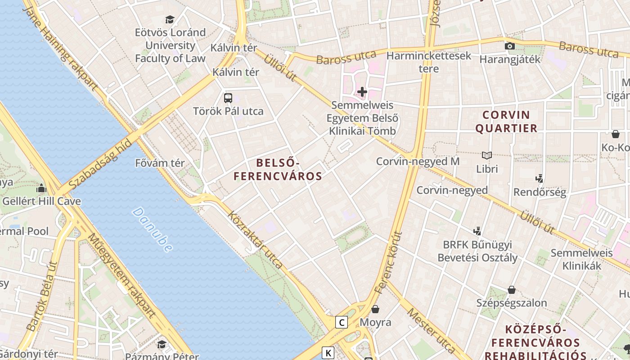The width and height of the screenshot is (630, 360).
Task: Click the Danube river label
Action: pos(153,229)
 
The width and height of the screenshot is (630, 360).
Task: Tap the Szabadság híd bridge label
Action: pos(100,165)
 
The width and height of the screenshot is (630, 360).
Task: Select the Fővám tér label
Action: pos(160,163)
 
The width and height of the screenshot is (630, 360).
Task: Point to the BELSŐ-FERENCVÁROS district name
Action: pos(278,169)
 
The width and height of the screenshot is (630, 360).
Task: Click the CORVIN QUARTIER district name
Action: pos(506,121)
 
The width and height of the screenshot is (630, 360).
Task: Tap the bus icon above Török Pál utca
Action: pos(228,98)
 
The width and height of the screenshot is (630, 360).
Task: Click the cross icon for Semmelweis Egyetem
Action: pos(362,92)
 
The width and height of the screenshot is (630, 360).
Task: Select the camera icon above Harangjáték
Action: pos(509,46)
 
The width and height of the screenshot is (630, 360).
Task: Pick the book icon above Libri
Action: pos(487,155)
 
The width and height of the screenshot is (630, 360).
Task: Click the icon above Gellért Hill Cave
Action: pos(41,188)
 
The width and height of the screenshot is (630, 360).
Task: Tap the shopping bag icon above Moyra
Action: pos(375,309)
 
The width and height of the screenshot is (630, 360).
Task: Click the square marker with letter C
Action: pos(342,322)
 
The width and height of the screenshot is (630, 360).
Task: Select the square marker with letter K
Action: pos(328,353)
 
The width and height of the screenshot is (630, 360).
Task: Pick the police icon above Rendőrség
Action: pos(540,178)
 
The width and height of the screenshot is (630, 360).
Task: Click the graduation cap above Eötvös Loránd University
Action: pos(170,19)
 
